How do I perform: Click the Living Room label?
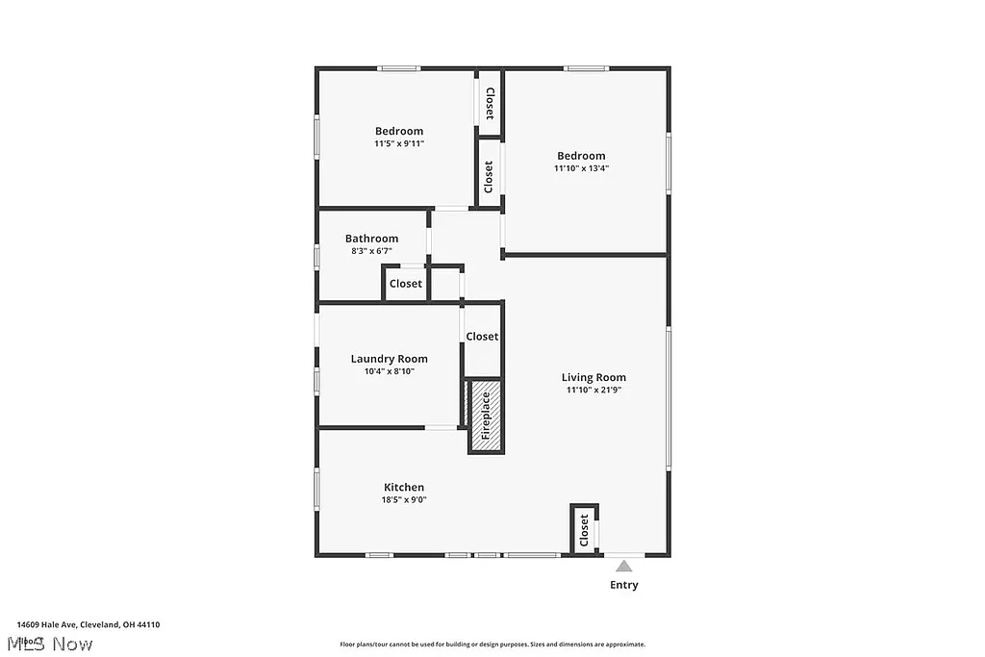594,378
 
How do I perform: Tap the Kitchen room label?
404,488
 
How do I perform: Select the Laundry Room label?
389,359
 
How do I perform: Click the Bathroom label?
371,239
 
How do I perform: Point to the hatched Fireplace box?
486,416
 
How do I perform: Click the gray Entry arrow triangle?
624,567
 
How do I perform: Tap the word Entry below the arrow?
623,585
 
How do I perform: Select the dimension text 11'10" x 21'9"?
594,391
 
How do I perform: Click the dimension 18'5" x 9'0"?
404,500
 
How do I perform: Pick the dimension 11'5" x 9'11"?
399,143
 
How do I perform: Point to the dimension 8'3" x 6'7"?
371,251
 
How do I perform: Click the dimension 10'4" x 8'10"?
389,371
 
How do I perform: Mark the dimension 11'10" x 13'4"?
581,168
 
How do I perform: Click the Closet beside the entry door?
584,530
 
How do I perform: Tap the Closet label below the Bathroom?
405,284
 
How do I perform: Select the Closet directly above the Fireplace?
482,337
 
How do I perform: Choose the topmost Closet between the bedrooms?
490,103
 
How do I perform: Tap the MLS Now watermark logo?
48,644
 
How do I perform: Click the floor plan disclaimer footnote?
492,644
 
